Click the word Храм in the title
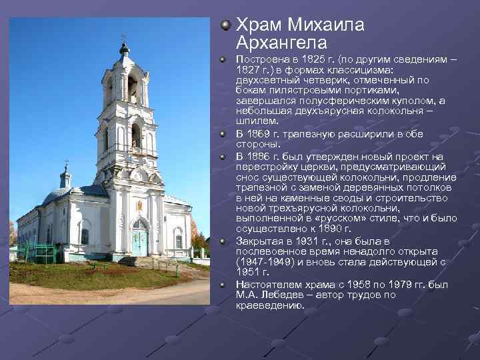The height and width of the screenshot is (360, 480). (x=259, y=25)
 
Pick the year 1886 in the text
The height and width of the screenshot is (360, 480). (x=259, y=157)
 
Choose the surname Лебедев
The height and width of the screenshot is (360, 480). (x=279, y=295)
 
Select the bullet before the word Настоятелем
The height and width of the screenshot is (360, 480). (x=225, y=284)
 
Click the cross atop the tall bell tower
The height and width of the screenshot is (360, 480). (x=124, y=38)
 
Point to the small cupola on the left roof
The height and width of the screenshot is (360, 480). (x=65, y=178)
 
